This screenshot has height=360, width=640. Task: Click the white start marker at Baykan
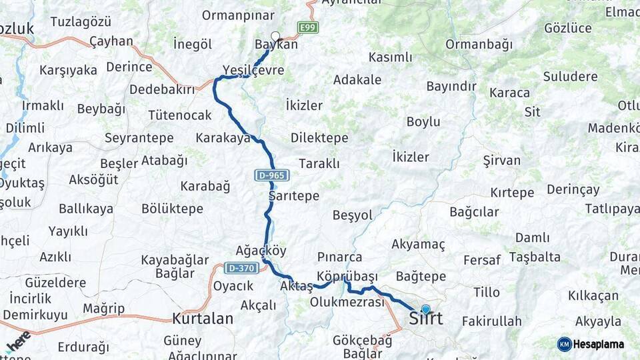tap(275, 37)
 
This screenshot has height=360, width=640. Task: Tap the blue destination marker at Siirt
tap(425, 309)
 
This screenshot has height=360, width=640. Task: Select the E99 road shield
tap(308, 27)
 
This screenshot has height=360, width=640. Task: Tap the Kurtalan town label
tap(203, 319)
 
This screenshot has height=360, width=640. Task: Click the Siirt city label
tap(425, 319)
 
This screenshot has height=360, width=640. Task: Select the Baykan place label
tap(276, 45)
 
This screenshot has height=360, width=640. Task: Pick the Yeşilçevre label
tap(253, 71)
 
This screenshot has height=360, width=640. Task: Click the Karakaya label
tap(223, 138)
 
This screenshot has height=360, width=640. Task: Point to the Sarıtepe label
tap(294, 196)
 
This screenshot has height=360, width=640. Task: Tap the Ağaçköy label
tap(261, 251)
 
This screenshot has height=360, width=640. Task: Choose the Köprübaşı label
tap(347, 276)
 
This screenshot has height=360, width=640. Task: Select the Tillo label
tap(486, 292)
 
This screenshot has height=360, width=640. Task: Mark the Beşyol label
tap(352, 215)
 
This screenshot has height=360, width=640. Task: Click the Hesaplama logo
tap(591, 344)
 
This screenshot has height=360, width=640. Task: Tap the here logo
tap(18, 341)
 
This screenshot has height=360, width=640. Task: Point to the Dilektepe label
tap(319, 138)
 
